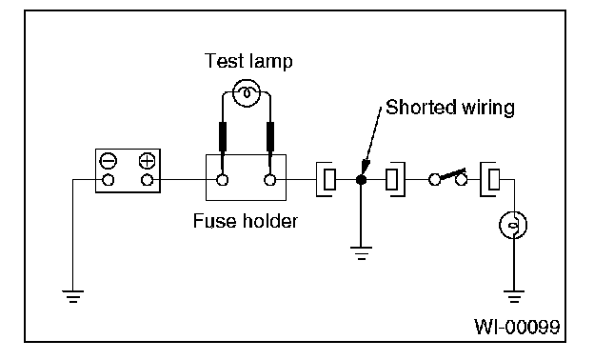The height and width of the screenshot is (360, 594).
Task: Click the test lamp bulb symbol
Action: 247,93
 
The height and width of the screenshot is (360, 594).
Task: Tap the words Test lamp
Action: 248,61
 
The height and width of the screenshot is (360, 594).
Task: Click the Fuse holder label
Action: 245,221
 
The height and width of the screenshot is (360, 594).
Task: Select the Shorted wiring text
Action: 450,108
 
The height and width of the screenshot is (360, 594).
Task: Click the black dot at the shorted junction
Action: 362,180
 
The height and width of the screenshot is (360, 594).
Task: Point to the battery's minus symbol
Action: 109,161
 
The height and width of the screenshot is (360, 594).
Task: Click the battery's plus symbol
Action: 147,161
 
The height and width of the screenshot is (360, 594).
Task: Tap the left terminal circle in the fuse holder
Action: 223,180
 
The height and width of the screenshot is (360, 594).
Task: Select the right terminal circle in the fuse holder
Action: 269,180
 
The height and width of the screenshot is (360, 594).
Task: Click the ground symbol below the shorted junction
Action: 362,252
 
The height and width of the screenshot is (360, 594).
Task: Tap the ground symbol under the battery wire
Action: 72,296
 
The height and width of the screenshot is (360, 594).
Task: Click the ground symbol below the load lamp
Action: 514,296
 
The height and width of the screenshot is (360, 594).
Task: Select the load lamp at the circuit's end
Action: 513,225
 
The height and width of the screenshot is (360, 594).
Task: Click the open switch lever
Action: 452,174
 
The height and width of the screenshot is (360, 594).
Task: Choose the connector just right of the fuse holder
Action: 327,180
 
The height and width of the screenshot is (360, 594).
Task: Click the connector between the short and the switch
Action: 395,180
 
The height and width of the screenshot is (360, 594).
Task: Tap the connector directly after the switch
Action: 490,180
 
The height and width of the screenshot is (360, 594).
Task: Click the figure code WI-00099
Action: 517,327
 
